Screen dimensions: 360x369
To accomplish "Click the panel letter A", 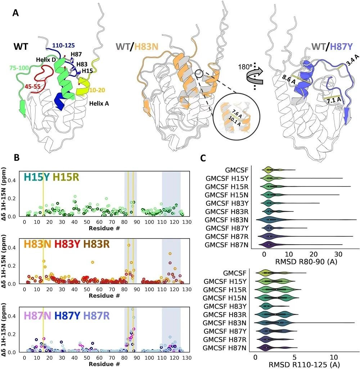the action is click(x=15, y=13).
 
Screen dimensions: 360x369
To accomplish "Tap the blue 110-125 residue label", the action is click(x=63, y=45).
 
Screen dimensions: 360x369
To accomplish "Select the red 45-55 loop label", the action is click(x=33, y=86).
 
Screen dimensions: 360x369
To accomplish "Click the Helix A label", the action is click(x=99, y=103).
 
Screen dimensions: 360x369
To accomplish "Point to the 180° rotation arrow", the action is click(x=255, y=75).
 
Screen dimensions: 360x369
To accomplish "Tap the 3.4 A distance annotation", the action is click(x=352, y=60).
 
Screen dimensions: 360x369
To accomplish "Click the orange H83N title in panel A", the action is click(x=146, y=46).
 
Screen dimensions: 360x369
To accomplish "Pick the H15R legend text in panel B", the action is click(x=66, y=177).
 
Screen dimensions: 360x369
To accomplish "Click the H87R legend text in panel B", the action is click(x=96, y=316).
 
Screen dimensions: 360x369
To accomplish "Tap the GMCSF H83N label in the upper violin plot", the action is click(x=226, y=220).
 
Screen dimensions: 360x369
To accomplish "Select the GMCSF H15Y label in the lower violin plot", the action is click(x=225, y=281).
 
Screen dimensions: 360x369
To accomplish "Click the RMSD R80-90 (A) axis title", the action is click(x=306, y=262).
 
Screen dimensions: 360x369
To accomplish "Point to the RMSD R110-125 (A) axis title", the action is click(x=304, y=365).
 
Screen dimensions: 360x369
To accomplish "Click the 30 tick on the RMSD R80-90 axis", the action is click(x=338, y=254).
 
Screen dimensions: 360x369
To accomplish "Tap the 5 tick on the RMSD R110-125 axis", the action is click(x=294, y=357).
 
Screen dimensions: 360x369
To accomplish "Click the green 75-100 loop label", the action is click(x=19, y=68).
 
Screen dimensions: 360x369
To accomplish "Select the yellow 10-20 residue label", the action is click(x=97, y=90).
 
